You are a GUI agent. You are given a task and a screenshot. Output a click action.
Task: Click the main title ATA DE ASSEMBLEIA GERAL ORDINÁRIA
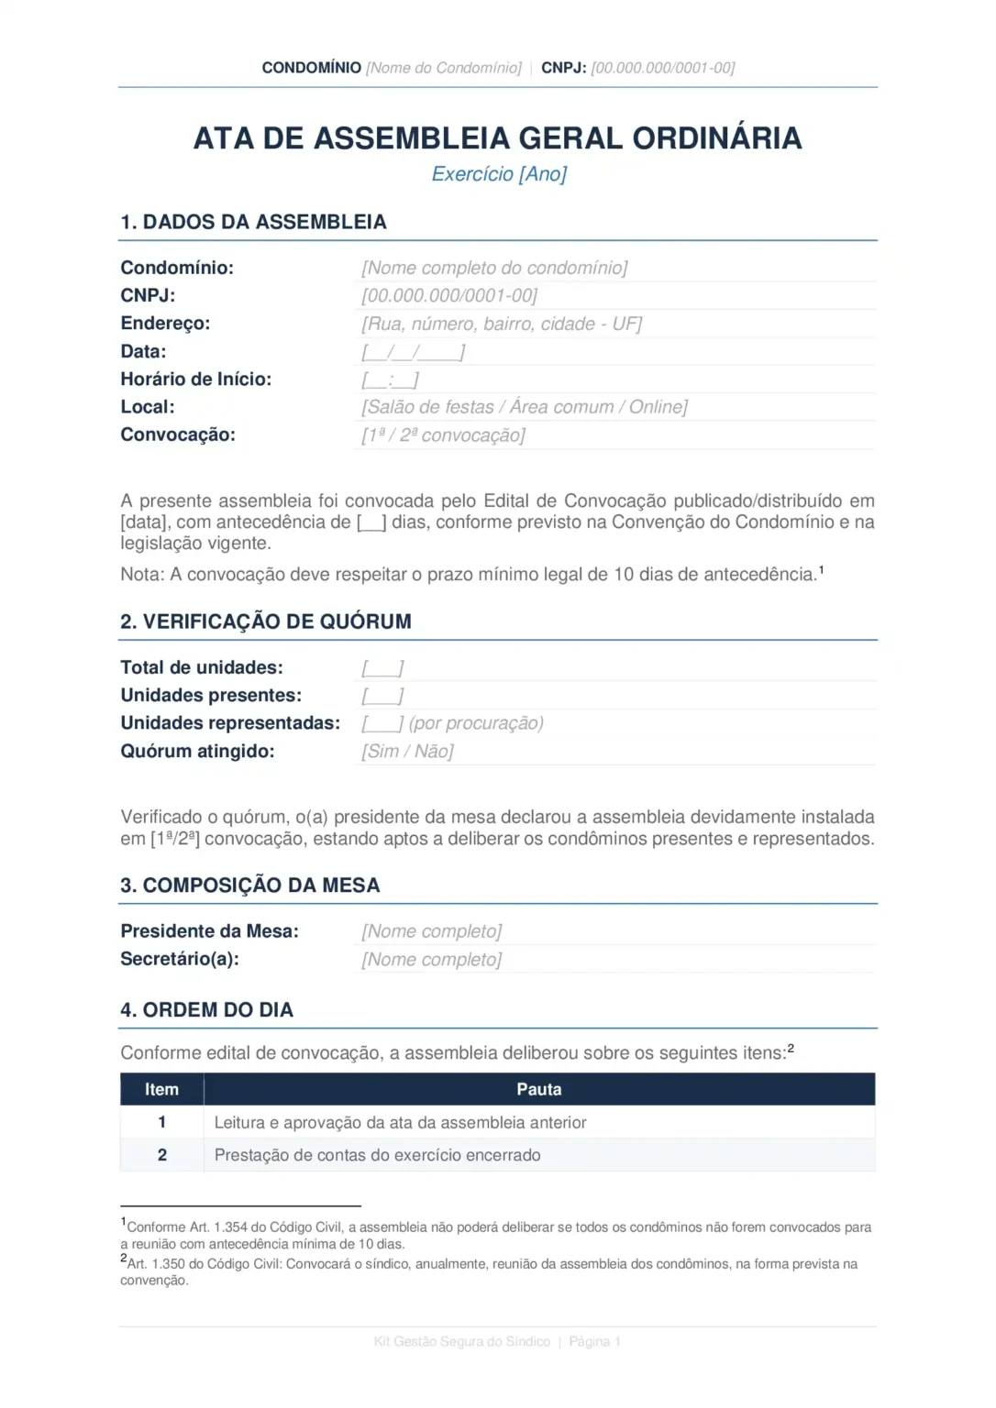[497, 138]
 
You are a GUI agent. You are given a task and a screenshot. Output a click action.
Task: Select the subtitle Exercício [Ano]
[499, 174]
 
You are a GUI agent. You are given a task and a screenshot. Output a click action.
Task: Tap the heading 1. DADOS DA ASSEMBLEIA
[253, 222]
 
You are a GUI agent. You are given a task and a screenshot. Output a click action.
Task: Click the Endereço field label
[165, 324]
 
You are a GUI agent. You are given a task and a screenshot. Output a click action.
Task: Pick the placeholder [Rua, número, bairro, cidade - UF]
[502, 324]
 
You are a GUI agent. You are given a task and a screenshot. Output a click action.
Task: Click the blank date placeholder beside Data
[413, 352]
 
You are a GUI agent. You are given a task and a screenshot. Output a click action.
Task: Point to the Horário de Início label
[195, 379]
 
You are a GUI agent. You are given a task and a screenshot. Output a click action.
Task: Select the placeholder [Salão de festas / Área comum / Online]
[524, 407]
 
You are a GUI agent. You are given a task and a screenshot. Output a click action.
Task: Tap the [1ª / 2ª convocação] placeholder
[443, 435]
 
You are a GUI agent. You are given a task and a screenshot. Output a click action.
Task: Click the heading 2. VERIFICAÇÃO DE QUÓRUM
[265, 621]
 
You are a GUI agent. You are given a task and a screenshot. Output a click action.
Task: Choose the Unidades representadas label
[229, 723]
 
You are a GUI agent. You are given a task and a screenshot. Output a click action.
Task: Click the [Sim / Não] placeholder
[407, 752]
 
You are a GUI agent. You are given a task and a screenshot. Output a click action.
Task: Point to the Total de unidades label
[201, 667]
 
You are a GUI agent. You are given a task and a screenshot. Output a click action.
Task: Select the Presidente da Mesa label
[209, 931]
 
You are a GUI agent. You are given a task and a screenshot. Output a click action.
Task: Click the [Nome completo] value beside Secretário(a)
[431, 960]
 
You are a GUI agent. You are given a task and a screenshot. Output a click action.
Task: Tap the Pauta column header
[538, 1089]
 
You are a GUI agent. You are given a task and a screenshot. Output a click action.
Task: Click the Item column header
[161, 1089]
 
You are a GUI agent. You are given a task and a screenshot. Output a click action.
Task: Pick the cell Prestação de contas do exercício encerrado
[377, 1155]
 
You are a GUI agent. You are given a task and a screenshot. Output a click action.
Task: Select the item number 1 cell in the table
[161, 1122]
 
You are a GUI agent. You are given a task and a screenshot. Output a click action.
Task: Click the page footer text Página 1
[594, 1341]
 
